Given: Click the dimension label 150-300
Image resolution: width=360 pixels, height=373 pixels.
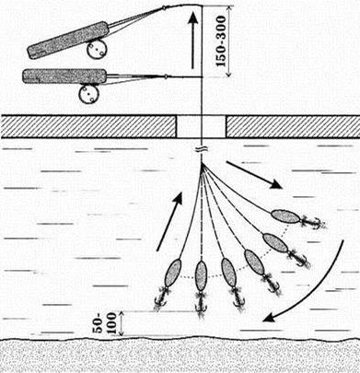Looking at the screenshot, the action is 221,41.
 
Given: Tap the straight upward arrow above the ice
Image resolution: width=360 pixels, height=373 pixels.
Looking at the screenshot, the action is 192,41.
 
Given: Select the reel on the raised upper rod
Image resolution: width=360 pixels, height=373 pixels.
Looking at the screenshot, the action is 97,50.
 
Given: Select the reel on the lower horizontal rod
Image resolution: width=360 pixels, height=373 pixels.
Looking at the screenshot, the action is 88,94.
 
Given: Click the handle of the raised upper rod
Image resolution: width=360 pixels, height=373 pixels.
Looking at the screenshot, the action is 68,40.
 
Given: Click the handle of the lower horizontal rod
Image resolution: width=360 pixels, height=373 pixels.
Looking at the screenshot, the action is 64,76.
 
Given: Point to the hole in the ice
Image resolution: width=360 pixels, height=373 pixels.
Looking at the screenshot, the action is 202,126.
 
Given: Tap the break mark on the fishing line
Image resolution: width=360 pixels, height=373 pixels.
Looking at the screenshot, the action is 202,150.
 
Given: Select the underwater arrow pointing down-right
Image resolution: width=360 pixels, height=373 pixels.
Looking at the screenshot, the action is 254,174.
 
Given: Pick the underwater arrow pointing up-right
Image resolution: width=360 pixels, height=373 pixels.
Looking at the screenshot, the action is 169,222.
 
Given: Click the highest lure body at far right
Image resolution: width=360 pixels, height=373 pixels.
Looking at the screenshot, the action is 285,216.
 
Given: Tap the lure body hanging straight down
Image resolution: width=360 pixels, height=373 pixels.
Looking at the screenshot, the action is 201,275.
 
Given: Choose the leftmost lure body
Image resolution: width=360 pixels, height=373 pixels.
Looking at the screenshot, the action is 173,274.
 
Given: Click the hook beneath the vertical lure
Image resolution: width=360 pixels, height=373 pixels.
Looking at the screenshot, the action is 201,305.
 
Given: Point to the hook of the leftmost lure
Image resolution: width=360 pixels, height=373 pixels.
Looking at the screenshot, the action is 161,299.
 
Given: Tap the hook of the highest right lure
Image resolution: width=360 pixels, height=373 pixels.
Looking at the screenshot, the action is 313,222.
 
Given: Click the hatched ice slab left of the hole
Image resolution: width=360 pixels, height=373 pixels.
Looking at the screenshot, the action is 88,126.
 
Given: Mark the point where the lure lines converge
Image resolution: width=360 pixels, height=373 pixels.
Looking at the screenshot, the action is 202,165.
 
